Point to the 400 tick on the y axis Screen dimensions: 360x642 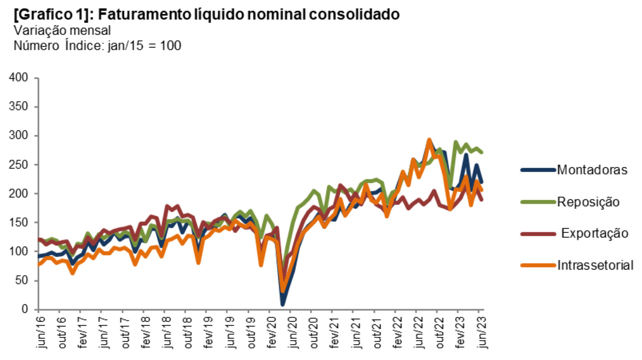[x=20, y=78]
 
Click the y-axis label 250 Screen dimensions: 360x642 [x=20, y=165]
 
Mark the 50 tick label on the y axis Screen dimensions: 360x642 [x=22, y=281]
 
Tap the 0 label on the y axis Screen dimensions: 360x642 [x=25, y=309]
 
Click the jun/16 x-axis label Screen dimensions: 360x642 [x=41, y=332]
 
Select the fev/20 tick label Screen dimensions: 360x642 [x=272, y=332]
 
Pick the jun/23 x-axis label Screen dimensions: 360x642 [x=482, y=332]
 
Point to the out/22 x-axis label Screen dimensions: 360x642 [x=440, y=332]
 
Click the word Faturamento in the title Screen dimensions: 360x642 [x=144, y=15]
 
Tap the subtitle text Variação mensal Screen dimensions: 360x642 [x=62, y=31]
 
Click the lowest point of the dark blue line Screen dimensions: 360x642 [x=283, y=304]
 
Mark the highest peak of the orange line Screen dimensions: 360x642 [x=429, y=140]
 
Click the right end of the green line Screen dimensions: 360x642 [x=482, y=152]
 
